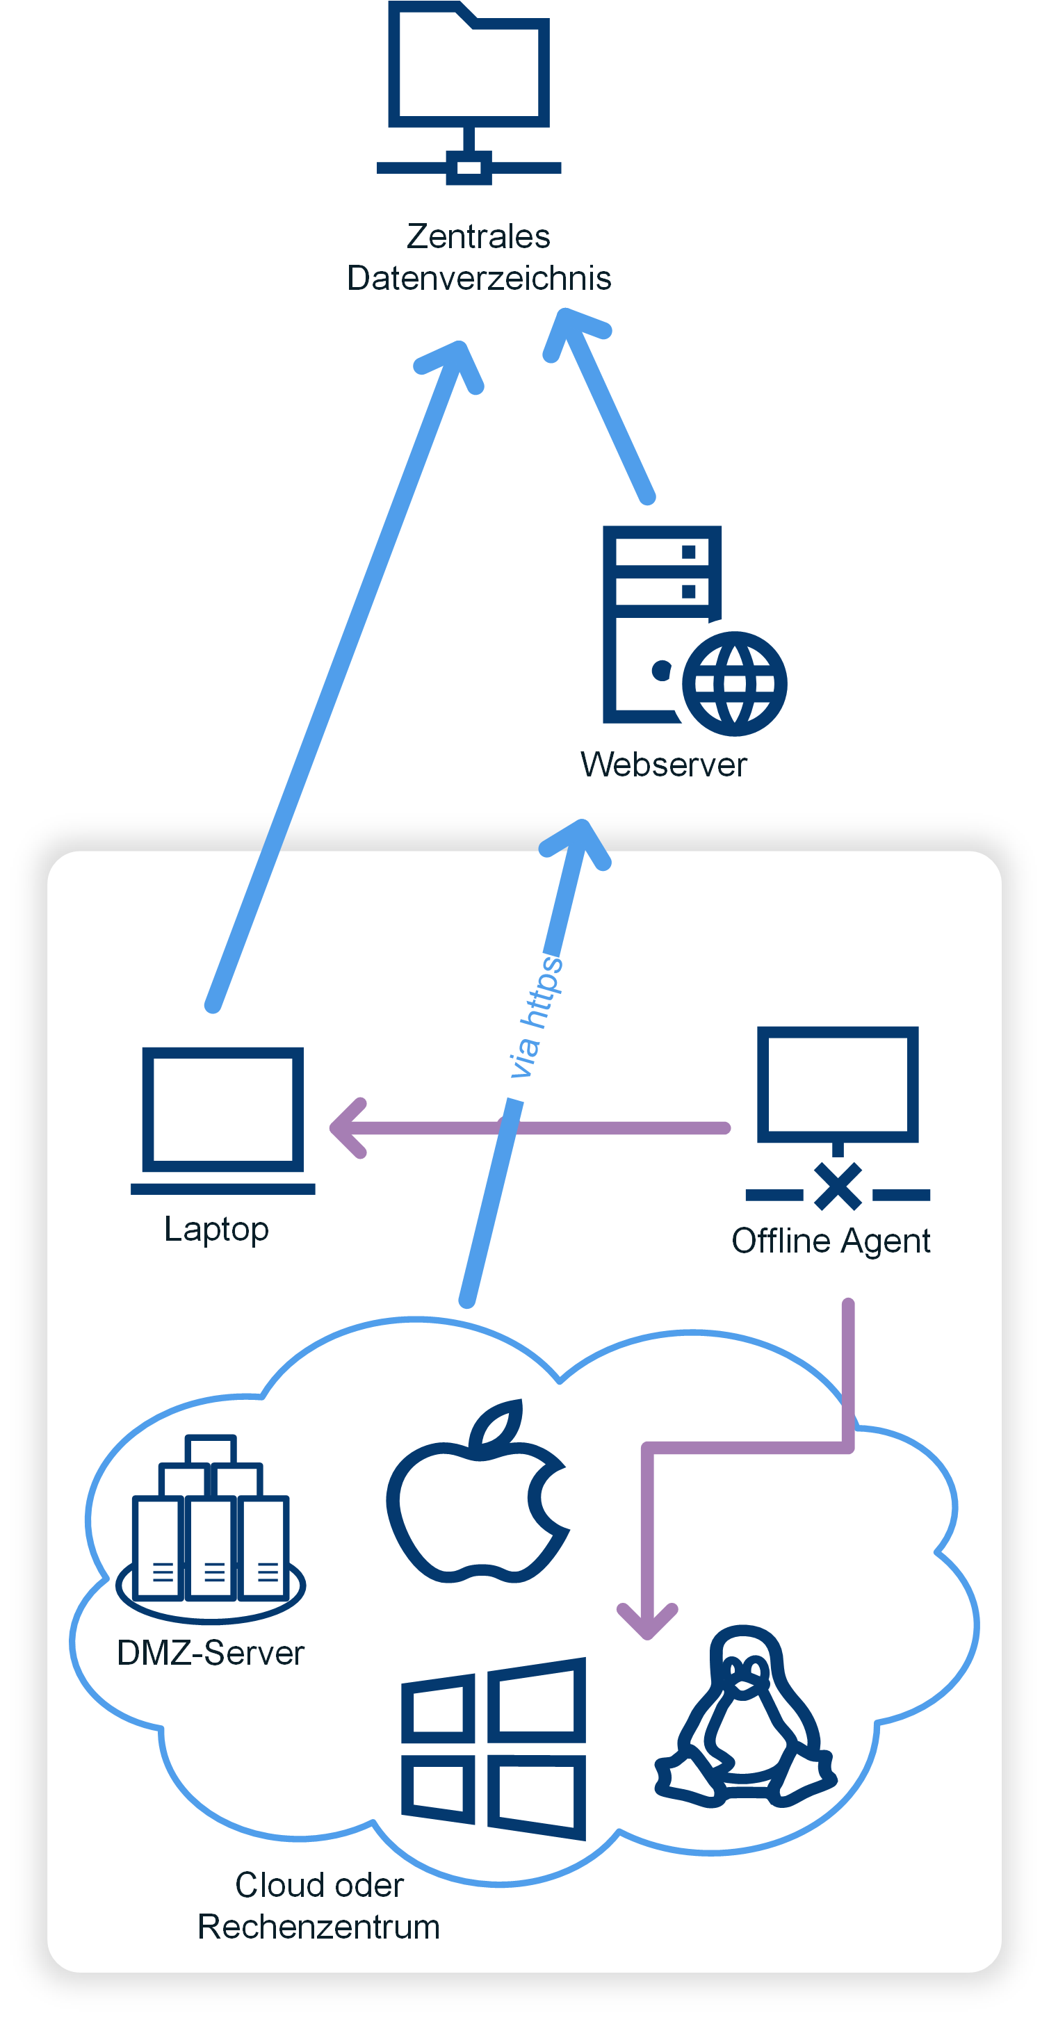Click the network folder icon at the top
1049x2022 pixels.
469,92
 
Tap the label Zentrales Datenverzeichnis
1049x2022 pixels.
479,256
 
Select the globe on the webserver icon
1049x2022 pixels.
734,684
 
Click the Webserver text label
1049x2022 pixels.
663,765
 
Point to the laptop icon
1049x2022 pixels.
223,1120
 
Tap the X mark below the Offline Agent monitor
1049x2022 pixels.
838,1186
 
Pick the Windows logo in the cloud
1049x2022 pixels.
494,1749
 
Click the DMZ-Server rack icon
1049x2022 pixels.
211,1529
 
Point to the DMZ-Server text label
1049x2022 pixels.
211,1653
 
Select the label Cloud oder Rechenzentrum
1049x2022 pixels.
319,1906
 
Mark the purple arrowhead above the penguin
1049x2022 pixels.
647,1620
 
